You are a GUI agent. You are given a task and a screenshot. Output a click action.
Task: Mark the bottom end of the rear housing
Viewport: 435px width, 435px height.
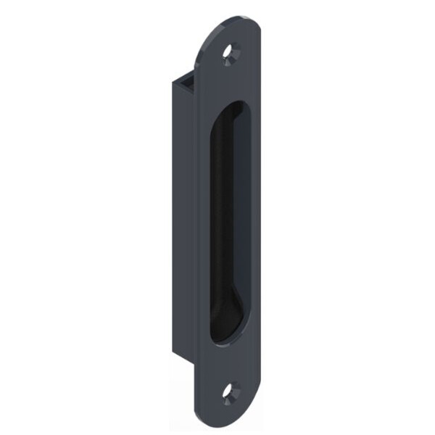(x=184, y=354)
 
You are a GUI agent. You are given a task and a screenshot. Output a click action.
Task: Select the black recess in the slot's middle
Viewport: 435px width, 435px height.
(x=228, y=217)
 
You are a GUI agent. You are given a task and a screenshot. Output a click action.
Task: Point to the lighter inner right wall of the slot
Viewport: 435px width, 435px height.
(x=244, y=217)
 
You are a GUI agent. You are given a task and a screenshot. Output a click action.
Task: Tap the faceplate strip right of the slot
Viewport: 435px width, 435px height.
(x=255, y=217)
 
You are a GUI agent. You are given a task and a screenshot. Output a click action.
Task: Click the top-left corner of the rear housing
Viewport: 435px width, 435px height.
(x=173, y=81)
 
